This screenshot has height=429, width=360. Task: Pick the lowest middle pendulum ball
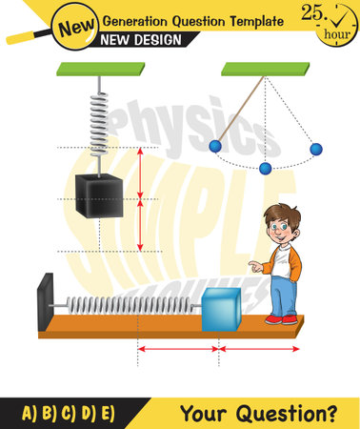(x=265, y=169)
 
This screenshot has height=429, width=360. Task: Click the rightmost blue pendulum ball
(x=316, y=149)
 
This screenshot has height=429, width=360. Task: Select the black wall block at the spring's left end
(x=45, y=303)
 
